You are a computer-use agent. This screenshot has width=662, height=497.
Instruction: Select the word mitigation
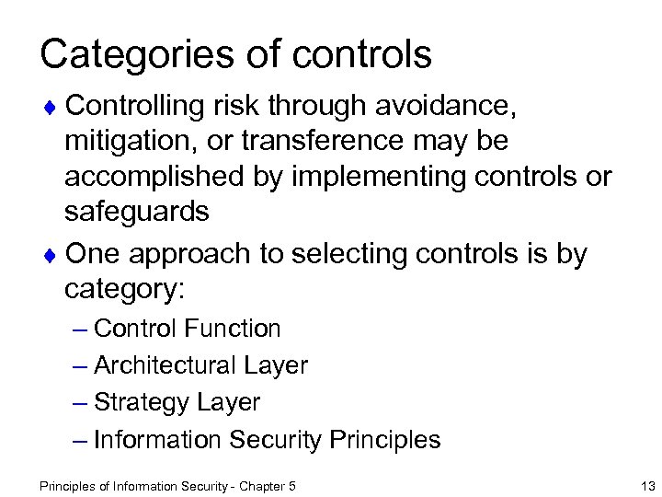131,144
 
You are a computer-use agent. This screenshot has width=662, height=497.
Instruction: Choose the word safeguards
137,211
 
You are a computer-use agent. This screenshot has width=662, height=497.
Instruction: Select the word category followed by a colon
125,288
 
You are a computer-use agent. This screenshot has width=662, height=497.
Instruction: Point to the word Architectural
161,365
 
